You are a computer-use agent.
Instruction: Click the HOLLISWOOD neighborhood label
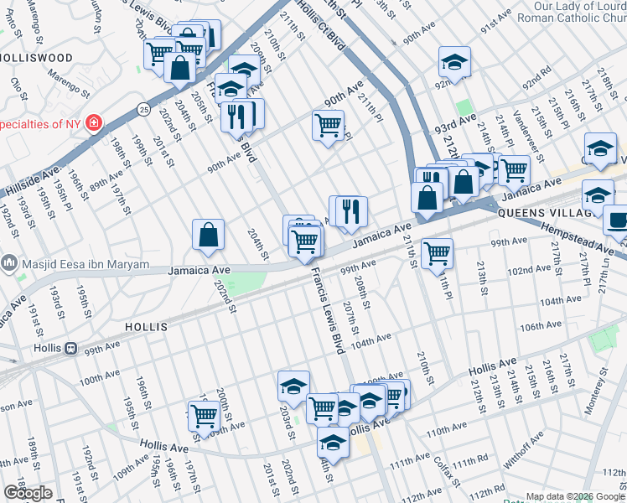pyautogui.click(x=35, y=58)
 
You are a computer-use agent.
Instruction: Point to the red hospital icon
pyautogui.click(x=93, y=124)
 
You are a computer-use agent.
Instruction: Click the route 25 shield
pyautogui.click(x=145, y=109)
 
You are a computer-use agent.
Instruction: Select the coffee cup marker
pyautogui.click(x=617, y=220)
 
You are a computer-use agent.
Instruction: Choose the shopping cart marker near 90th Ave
pyautogui.click(x=328, y=126)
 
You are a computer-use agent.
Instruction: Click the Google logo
pyautogui.click(x=28, y=493)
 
